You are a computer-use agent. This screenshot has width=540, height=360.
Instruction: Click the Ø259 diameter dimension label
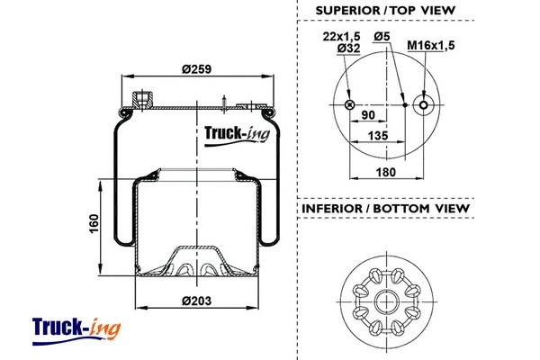pyautogui.click(x=194, y=71)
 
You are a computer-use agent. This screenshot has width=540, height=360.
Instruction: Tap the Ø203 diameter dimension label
pyautogui.click(x=193, y=300)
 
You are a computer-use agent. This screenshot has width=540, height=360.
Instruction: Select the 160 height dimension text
pyautogui.click(x=94, y=223)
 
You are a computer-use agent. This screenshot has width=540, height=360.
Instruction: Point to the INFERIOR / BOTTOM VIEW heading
pyautogui.click(x=385, y=209)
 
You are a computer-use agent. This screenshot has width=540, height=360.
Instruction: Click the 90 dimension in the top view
pyautogui.click(x=368, y=116)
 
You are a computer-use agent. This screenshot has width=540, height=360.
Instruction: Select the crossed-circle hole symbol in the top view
pyautogui.click(x=348, y=104)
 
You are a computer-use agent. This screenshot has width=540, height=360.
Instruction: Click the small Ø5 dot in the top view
pyautogui.click(x=405, y=104)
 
